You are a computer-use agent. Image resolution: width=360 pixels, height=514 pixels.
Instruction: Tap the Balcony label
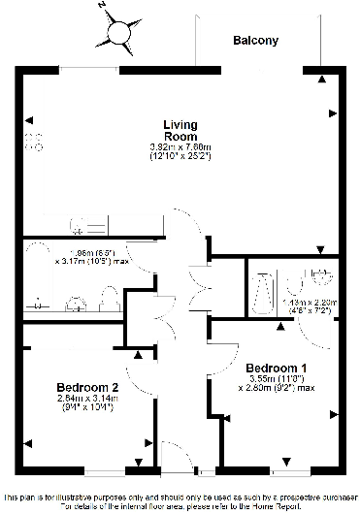point(255,41)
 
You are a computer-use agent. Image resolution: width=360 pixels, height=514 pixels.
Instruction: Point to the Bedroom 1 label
point(277,369)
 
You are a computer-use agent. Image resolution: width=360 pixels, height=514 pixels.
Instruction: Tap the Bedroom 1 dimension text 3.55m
point(274,381)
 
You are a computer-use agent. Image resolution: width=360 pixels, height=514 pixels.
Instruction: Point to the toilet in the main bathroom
point(110,297)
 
